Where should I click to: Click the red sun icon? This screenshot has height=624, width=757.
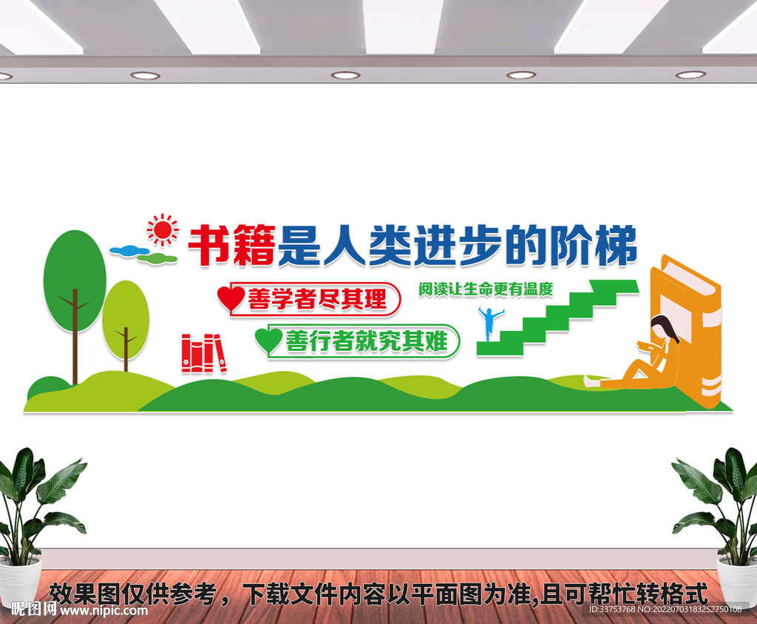(x=163, y=230)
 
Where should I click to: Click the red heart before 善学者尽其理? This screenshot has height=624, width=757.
(x=230, y=298)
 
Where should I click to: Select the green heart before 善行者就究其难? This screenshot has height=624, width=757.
(x=268, y=340)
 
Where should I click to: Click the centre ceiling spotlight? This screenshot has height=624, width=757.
(x=345, y=75)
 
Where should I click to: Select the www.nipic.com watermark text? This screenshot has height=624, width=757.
(x=103, y=611)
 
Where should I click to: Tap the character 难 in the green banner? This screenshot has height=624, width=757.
(x=436, y=341)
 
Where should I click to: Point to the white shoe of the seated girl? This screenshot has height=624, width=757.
(x=591, y=382)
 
